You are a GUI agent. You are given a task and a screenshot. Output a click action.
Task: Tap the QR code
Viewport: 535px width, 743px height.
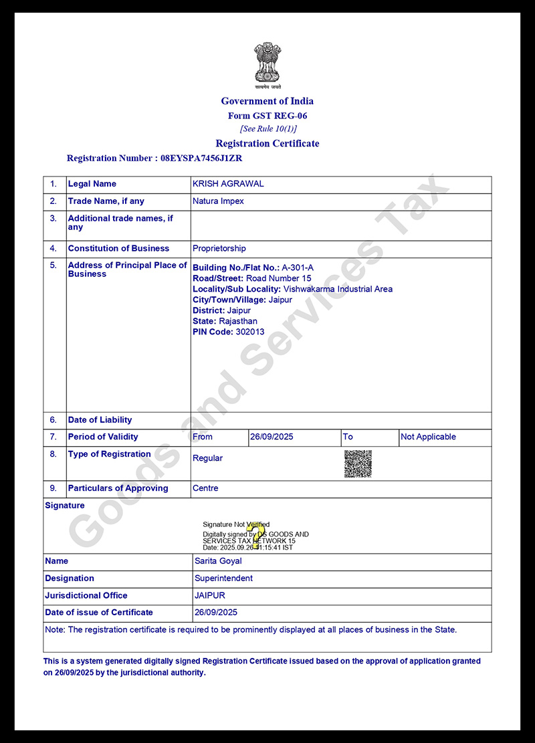point(358,463)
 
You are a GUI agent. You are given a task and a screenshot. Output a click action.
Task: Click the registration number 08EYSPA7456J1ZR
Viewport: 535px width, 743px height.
point(201,158)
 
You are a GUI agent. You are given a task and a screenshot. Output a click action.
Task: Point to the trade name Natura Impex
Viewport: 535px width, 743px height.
point(218,201)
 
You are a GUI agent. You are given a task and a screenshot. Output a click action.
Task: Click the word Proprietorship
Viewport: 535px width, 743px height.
point(219,249)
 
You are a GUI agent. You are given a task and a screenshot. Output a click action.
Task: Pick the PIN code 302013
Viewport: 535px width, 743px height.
point(249,332)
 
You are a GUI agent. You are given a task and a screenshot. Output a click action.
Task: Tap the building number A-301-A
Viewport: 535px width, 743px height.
point(298,268)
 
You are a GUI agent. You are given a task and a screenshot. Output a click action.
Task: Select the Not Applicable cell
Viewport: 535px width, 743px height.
point(428,437)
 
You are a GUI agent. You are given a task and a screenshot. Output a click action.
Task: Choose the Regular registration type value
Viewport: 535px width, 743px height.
point(207,458)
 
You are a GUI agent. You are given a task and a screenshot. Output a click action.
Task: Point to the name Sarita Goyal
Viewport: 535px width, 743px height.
point(218,561)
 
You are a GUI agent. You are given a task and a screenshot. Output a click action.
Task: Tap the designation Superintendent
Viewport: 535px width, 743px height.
point(223,578)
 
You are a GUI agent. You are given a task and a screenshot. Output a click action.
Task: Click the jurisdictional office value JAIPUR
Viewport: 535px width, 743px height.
point(209,595)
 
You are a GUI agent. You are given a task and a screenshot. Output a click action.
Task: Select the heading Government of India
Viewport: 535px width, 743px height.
point(267,101)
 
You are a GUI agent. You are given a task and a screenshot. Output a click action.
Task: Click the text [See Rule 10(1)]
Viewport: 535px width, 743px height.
point(267,129)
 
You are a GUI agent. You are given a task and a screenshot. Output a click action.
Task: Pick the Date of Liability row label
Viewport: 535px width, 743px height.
point(100,420)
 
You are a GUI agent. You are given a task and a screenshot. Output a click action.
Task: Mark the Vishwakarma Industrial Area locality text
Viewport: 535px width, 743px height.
point(338,289)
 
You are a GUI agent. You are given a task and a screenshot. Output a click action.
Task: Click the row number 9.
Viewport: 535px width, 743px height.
point(53,488)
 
